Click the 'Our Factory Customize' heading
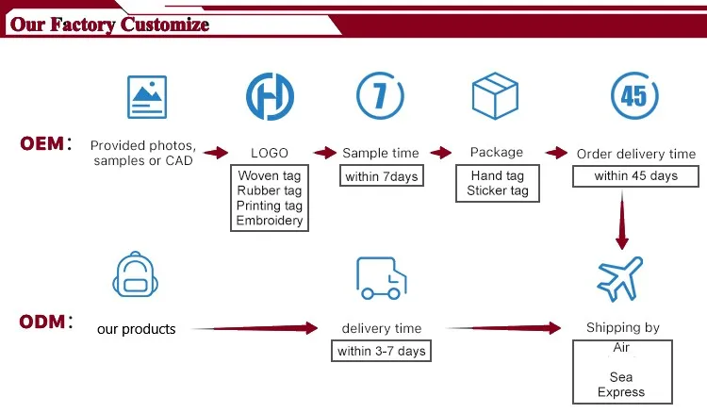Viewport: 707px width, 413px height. point(109,25)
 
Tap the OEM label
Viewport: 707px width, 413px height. point(45,144)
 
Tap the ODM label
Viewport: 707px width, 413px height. point(45,322)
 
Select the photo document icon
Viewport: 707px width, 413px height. point(147,97)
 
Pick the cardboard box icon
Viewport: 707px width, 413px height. point(495,95)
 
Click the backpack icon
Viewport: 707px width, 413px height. point(135,274)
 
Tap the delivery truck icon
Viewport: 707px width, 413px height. point(382,278)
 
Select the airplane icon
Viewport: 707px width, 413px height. point(620,279)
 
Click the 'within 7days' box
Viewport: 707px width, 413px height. point(382,175)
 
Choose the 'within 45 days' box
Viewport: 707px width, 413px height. point(635,175)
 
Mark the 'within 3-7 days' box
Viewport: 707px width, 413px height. point(382,351)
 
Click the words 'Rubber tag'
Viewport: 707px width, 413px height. point(270,190)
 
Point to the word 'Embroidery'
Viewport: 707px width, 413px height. point(270,221)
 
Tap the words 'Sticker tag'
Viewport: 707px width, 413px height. point(498,190)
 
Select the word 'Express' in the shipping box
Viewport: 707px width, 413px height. point(621,392)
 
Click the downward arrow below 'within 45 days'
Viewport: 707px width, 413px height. point(622,220)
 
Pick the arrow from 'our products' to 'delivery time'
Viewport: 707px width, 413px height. point(255,328)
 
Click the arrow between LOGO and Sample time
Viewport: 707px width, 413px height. point(325,153)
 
